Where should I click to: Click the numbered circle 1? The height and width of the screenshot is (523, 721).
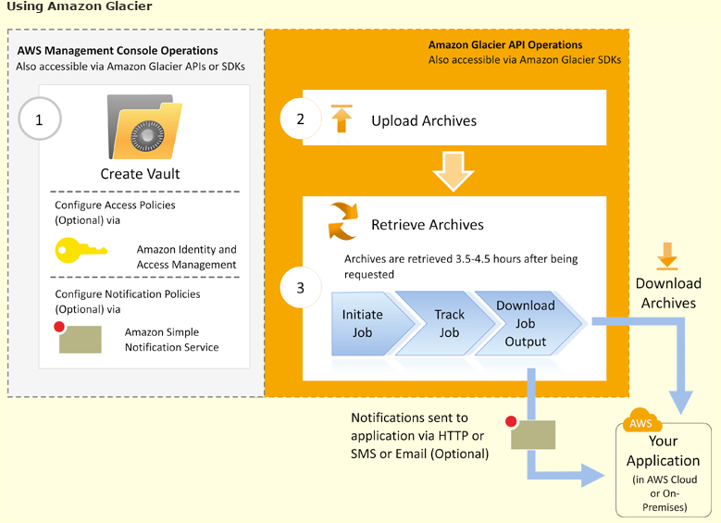point(40,118)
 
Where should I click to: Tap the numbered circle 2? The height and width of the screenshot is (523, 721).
point(300,118)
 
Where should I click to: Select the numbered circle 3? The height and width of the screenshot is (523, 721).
point(300,288)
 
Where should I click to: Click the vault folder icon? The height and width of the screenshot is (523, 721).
point(144,127)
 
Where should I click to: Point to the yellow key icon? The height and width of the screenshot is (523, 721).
point(81,250)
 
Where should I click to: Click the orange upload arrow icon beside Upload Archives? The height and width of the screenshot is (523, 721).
point(342,118)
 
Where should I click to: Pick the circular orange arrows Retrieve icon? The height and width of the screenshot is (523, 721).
point(342,221)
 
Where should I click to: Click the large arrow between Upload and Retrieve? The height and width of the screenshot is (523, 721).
point(454,170)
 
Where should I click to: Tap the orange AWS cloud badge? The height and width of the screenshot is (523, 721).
point(641,420)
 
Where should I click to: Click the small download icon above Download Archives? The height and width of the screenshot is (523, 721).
point(667,255)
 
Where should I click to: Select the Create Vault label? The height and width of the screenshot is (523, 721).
point(141,174)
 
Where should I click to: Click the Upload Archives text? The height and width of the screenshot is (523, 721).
point(424,120)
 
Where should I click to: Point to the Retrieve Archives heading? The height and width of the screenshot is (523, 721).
point(428,224)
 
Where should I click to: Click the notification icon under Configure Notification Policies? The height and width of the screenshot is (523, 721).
point(78,338)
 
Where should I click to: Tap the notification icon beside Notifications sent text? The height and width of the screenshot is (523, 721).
point(531,433)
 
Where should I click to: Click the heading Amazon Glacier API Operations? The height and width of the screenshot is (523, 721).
point(505,44)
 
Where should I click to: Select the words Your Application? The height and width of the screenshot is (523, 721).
point(663,451)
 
